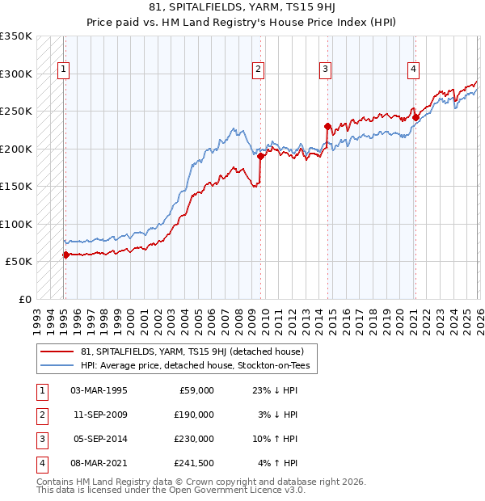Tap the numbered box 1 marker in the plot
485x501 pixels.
[63, 70]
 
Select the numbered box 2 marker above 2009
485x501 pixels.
[258, 70]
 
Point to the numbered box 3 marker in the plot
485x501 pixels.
[325, 70]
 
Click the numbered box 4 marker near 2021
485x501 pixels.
[413, 70]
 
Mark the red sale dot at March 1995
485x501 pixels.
[65, 255]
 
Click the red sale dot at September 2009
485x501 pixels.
[260, 157]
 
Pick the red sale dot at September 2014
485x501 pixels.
[327, 127]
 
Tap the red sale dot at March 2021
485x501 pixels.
[415, 118]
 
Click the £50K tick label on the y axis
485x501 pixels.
[18, 262]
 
